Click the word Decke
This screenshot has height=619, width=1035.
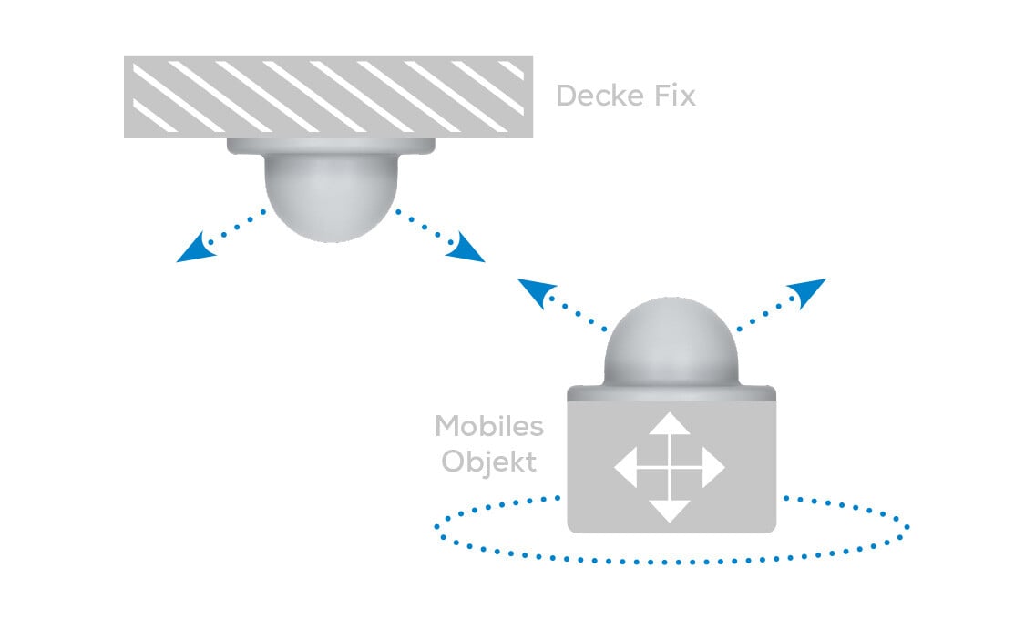click(x=594, y=96)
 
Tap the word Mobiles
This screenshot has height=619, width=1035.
click(x=489, y=426)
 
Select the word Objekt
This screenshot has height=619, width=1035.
click(x=489, y=462)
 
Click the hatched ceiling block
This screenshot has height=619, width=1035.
click(x=328, y=96)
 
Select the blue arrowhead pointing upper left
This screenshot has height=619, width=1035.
click(x=535, y=291)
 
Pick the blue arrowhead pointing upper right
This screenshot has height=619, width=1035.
click(x=808, y=290)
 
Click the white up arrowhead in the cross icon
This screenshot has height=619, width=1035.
click(x=670, y=423)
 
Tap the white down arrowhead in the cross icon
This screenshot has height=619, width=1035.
click(x=670, y=511)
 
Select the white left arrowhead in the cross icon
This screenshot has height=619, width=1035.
click(x=625, y=468)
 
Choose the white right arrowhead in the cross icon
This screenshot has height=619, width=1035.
click(x=713, y=468)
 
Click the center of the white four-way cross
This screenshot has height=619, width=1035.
click(x=670, y=468)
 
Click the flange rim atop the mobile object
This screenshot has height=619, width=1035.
click(x=671, y=393)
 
